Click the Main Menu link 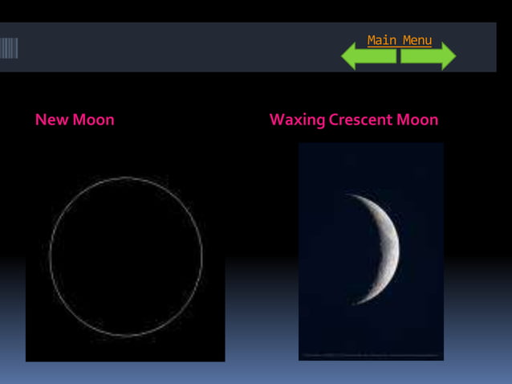[x=399, y=40]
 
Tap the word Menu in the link [x=416, y=40]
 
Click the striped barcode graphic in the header [x=9, y=48]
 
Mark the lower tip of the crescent [x=354, y=303]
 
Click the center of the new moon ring [x=126, y=256]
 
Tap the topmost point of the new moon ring [x=126, y=178]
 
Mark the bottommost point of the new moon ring [x=126, y=336]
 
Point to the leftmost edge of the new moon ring [x=50, y=256]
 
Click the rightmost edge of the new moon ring [x=202, y=256]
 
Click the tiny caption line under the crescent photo [x=371, y=354]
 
